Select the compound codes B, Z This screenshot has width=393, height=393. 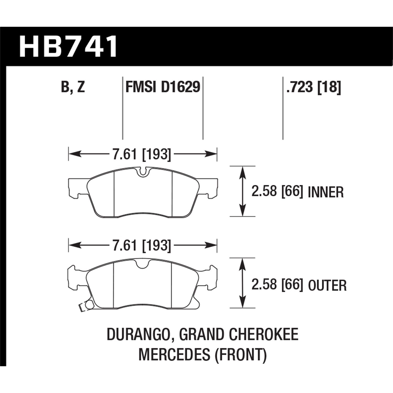coord(73,87)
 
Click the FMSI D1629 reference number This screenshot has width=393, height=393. coord(163,87)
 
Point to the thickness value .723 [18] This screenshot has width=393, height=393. coord(313,87)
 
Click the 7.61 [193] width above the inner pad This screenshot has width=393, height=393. coord(142,154)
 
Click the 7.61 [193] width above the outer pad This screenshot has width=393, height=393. coord(142,246)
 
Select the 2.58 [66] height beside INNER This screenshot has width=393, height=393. coord(277,192)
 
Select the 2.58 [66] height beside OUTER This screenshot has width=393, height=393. coord(277,285)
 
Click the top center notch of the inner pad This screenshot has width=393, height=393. coord(143,172)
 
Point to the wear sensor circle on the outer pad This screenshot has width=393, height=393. coord(89,305)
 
